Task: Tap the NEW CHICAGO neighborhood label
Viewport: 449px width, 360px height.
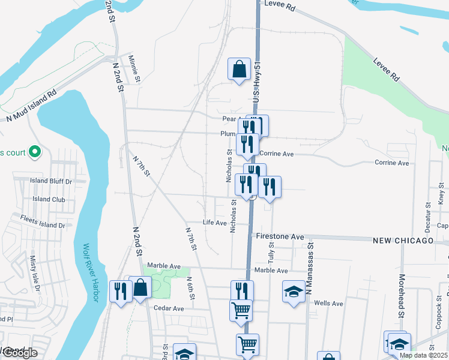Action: point(402,241)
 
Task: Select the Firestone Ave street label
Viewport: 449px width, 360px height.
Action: point(280,237)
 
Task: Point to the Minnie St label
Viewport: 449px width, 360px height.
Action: point(137,70)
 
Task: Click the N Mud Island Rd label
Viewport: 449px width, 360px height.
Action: point(31,107)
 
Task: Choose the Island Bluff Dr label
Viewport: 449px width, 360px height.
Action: point(51,181)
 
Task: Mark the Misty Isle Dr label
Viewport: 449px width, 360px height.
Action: point(34,279)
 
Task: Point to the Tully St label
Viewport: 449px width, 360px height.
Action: point(272,254)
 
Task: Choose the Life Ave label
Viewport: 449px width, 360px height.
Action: point(215,223)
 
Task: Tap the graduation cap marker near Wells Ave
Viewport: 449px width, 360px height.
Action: point(294,292)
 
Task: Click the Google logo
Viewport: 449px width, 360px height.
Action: point(19,353)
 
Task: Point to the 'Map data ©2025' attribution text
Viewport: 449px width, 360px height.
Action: point(423,355)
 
